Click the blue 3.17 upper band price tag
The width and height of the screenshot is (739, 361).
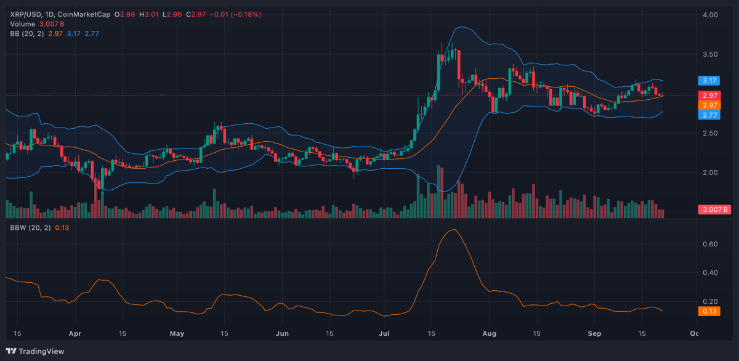click(709, 80)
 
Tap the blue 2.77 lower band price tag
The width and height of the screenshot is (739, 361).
click(709, 115)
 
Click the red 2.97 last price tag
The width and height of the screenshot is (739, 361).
click(709, 95)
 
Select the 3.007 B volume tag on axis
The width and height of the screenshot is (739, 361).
click(714, 209)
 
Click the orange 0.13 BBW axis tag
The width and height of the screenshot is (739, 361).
click(709, 311)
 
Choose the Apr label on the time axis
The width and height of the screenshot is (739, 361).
click(75, 333)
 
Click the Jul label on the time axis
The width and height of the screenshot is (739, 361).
click(384, 333)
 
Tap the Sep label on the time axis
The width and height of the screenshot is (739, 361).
click(595, 333)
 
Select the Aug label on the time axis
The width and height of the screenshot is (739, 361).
click(490, 333)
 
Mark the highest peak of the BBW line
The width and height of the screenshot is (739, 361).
click(454, 230)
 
